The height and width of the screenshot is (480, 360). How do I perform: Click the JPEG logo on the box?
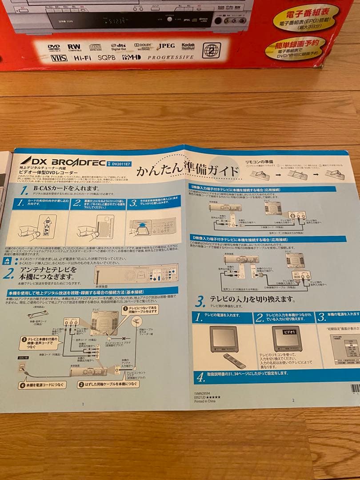pyautogui.click(x=166, y=46)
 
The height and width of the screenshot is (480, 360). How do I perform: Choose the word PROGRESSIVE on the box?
pyautogui.click(x=170, y=57)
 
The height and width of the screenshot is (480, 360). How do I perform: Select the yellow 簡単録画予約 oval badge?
pyautogui.click(x=295, y=48)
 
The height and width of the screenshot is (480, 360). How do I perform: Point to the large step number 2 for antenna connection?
pyautogui.click(x=8, y=273)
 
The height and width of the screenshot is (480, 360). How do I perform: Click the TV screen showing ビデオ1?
pyautogui.click(x=287, y=339)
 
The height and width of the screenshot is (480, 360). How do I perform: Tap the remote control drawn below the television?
pyautogui.click(x=234, y=360)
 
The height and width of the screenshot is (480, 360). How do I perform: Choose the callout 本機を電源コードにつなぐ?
pyautogui.click(x=42, y=385)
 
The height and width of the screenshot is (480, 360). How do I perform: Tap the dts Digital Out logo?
pyautogui.click(x=119, y=47)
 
